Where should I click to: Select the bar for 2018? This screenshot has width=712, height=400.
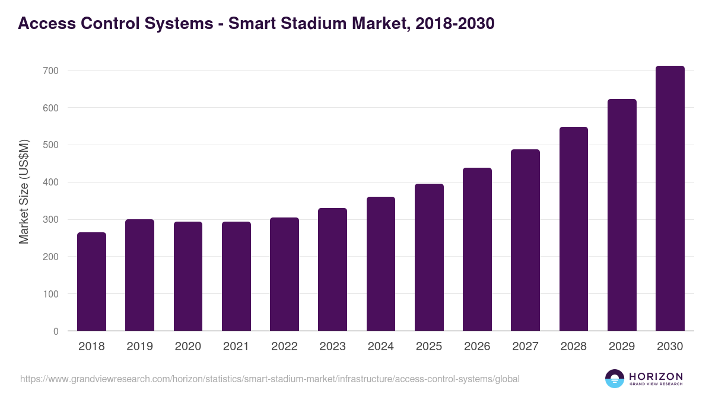coord(91,281)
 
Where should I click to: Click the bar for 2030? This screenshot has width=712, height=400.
coord(670,199)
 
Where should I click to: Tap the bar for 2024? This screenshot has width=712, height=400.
coord(381,264)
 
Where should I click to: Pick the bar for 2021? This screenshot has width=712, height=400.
coord(236,276)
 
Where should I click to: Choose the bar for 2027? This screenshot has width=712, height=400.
coord(525,240)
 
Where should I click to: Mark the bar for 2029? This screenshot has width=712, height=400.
coord(622,215)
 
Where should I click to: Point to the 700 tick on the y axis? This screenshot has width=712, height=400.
coord(51,71)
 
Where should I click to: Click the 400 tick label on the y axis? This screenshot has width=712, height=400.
coord(51,183)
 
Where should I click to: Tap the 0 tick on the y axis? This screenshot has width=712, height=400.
coord(56,331)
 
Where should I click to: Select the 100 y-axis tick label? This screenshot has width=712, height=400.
coord(51,294)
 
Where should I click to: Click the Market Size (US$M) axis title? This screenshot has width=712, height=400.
coord(24,191)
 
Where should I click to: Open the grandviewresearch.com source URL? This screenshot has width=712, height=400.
coord(270,379)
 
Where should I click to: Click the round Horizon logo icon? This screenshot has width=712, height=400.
coord(615,379)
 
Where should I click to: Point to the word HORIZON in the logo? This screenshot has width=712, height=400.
coord(656,376)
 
